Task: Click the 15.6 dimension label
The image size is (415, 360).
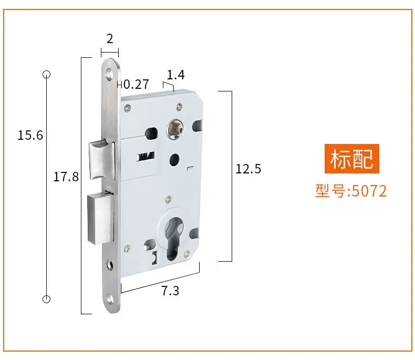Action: pos(30,135)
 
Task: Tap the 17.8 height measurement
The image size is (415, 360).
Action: pos(66,177)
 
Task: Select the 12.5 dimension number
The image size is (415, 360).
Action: pos(248,169)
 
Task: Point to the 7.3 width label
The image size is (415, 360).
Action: pos(170,291)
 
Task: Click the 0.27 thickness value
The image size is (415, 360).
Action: pos(136,85)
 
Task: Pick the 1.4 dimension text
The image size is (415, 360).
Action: pos(175,75)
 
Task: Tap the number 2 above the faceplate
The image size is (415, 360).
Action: pos(110,39)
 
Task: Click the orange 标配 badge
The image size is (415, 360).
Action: pos(352,159)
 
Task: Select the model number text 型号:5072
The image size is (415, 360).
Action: pos(351,191)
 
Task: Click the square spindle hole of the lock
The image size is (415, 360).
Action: pos(175,129)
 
